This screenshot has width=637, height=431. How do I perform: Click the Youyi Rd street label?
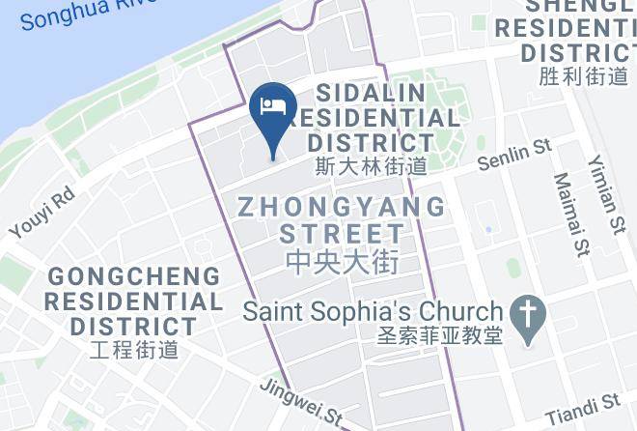click(x=42, y=214)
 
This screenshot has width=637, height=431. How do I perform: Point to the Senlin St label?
click(x=515, y=154)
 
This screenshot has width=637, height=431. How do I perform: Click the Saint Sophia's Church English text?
click(x=373, y=312)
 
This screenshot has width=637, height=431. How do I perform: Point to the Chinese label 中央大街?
click(x=343, y=261)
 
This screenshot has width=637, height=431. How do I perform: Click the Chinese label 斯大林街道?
click(x=371, y=166)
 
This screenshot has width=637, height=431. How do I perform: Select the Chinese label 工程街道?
click(x=134, y=348)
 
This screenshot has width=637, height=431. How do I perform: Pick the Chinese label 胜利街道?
click(x=584, y=75)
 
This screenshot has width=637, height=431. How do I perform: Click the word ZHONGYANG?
click(x=343, y=207)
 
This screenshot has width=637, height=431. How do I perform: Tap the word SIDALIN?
click(x=372, y=93)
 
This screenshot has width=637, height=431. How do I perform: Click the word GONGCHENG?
click(x=134, y=276)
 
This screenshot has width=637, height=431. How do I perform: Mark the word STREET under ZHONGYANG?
click(x=343, y=233)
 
